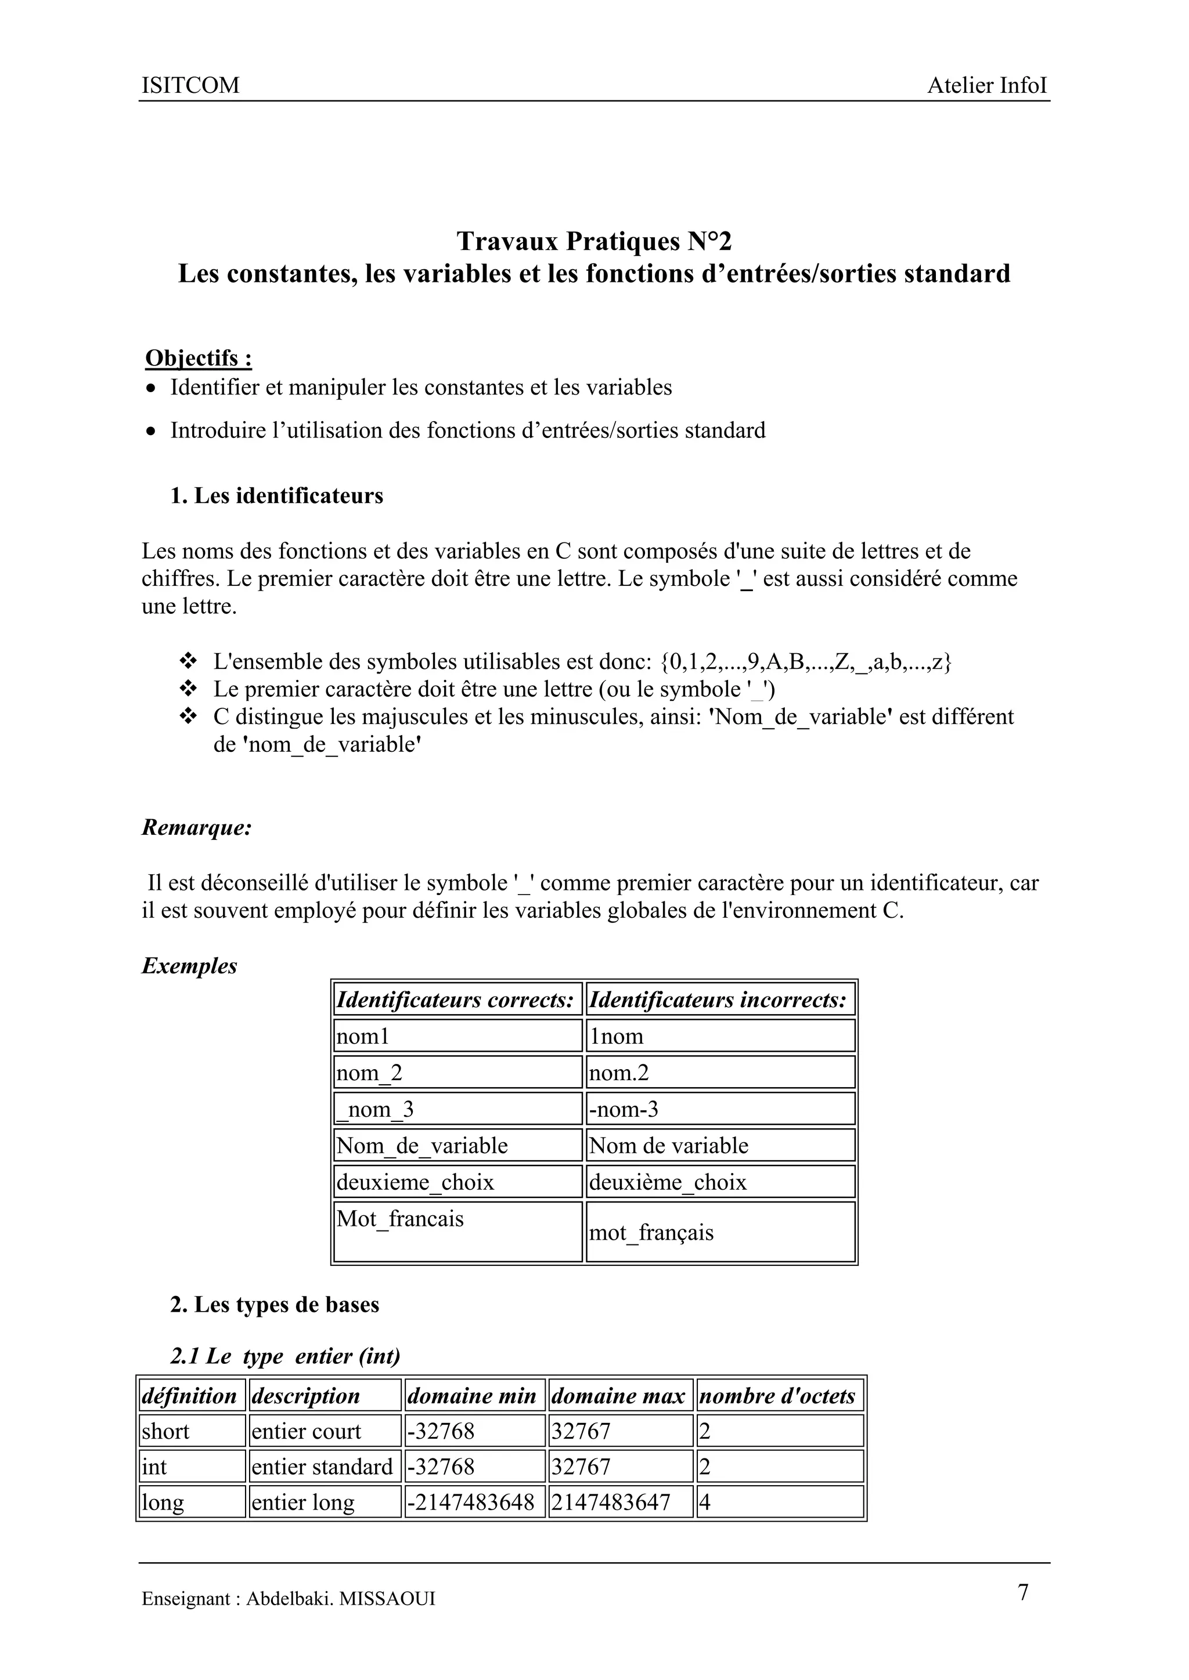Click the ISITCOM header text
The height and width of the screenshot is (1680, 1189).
coord(190,86)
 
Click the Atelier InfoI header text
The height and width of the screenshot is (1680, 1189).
coord(986,86)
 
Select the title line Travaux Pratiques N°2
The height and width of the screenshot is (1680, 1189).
coord(594,241)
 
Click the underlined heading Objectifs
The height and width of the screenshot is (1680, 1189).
coord(199,358)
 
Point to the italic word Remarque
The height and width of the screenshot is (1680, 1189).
coord(196,828)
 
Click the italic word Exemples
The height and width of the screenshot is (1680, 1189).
coord(189,966)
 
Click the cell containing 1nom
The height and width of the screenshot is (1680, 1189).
coord(616,1036)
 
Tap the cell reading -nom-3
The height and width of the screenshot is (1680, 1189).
coord(623,1109)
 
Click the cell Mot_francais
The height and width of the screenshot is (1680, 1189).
coord(400,1218)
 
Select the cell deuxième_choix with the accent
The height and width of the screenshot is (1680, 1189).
coord(668,1182)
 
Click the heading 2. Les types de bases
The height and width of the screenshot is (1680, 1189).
coord(275,1305)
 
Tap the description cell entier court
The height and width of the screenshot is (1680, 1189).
coord(306,1431)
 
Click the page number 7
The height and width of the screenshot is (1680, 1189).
coord(1023,1592)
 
